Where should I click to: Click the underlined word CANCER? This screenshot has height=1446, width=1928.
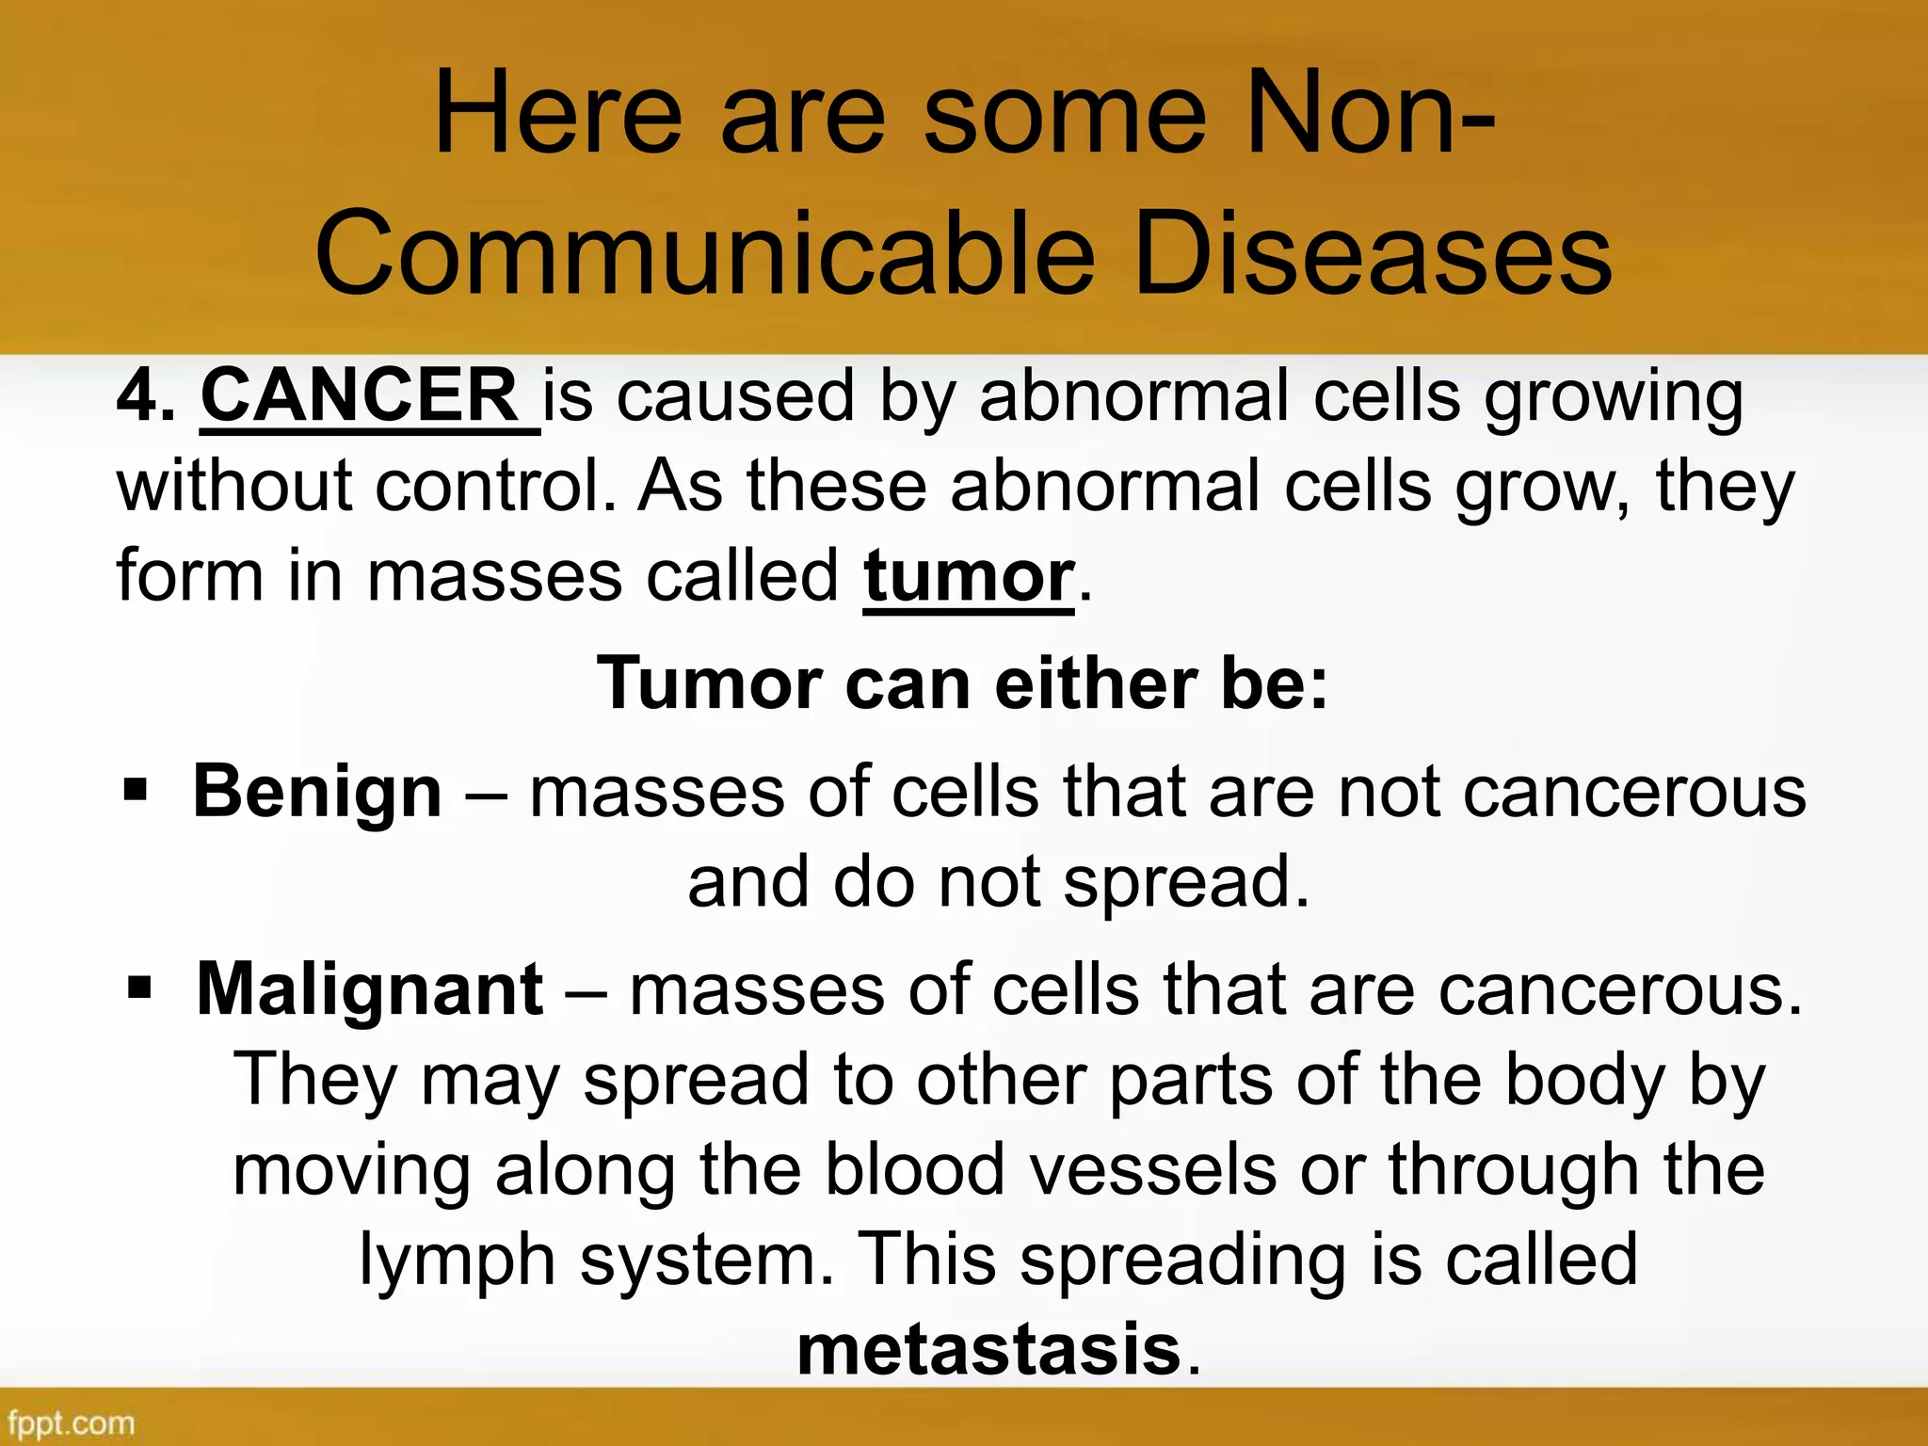click(359, 396)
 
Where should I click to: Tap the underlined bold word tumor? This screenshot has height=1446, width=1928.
click(969, 576)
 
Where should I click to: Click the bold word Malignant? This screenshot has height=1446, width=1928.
click(370, 990)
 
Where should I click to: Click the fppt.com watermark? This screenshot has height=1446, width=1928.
click(72, 1422)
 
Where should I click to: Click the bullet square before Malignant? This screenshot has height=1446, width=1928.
click(139, 988)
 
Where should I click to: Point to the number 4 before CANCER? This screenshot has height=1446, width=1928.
click(137, 396)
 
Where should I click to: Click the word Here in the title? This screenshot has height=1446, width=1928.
click(557, 117)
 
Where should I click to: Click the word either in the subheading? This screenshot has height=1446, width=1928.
click(1096, 683)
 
